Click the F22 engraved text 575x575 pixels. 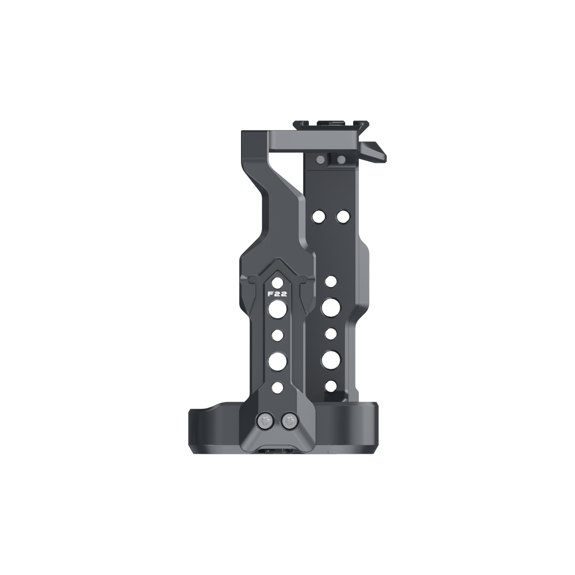pos(277,294)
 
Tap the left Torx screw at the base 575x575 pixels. pos(264,421)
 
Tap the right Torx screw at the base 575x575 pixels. pos(290,421)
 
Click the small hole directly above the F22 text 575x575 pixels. pos(278,282)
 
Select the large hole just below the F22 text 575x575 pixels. pos(278,310)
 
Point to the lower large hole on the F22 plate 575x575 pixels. pos(278,361)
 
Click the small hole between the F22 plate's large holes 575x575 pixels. pos(278,335)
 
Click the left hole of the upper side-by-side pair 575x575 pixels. pos(318,216)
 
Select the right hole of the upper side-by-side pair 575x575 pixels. pos(343,216)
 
